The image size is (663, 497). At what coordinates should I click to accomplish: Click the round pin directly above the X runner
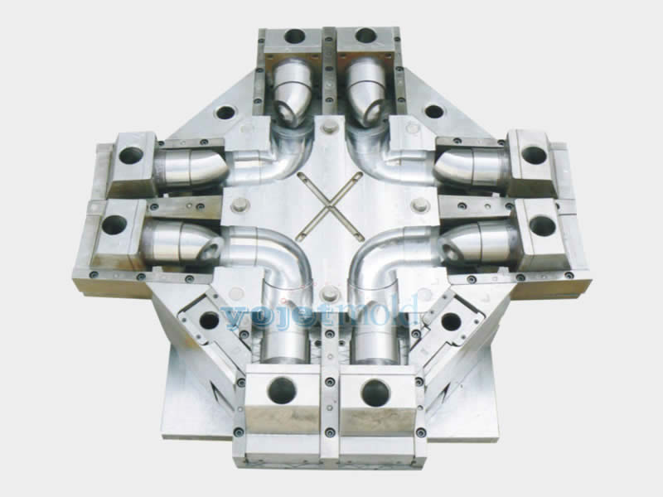[332, 127]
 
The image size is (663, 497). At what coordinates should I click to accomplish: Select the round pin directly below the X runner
[331, 292]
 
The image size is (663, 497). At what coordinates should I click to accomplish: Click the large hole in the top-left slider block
[295, 36]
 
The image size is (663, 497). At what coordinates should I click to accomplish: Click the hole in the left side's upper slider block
[131, 154]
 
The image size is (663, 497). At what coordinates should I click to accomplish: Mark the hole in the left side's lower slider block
[114, 224]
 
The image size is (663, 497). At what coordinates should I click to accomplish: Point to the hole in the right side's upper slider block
[534, 154]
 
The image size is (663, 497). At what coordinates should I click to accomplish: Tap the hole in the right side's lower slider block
[543, 224]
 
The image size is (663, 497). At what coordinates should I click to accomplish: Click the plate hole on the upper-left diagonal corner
[225, 112]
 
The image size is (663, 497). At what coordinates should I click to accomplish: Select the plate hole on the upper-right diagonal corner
[434, 111]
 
